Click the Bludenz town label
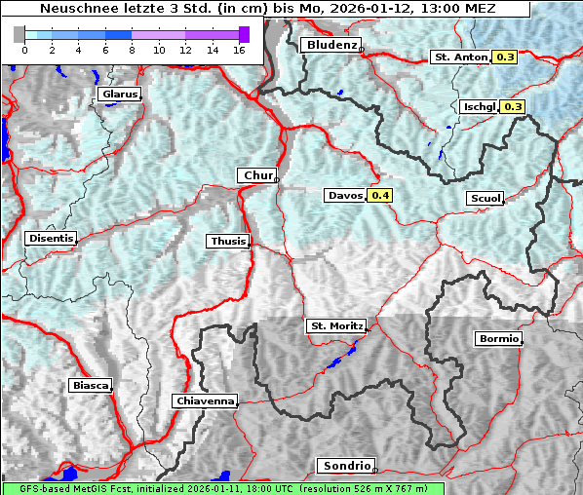pos(330,45)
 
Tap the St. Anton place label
pos(459,57)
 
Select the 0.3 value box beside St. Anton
pos(506,57)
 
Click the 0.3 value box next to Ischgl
pos(513,106)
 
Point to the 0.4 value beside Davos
pos(380,196)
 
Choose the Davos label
pos(345,196)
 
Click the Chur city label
pos(257,175)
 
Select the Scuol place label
pos(485,199)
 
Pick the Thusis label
pos(228,241)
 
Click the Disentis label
pos(51,238)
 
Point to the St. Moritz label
pos(335,325)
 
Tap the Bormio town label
pos(498,339)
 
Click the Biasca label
pos(90,386)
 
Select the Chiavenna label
pos(205,400)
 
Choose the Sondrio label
pos(345,466)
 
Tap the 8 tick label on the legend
pos(132,49)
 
